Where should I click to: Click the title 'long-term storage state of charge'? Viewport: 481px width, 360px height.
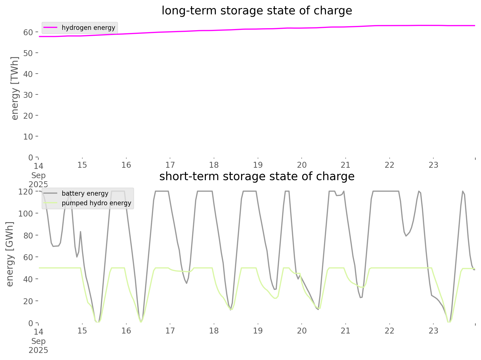[x=257, y=11]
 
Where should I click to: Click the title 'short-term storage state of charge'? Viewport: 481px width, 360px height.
[x=257, y=176]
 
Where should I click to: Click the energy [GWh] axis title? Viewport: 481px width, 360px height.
[x=10, y=254]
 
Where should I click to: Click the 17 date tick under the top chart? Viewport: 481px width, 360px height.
[x=170, y=165]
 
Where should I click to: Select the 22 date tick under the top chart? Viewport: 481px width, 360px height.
[x=389, y=165]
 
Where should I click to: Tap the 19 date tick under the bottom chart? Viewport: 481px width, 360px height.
[x=258, y=331]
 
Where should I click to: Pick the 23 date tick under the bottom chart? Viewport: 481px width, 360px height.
[x=433, y=331]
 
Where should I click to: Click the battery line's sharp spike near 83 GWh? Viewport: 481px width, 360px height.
[x=80, y=232]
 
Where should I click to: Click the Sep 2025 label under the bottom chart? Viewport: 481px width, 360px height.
[x=38, y=346]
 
